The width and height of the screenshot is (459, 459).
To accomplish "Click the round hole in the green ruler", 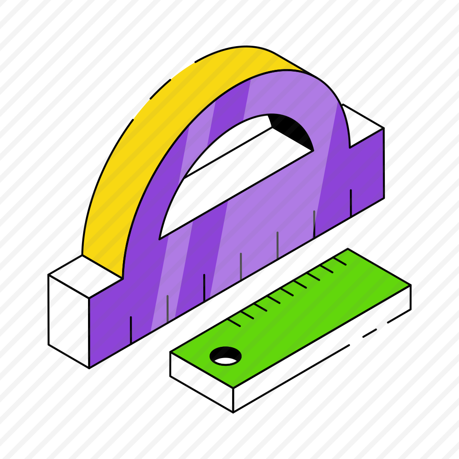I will (225, 356).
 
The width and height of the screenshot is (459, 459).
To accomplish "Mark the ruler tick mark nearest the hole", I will (234, 322).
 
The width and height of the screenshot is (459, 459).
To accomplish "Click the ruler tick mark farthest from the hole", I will (340, 261).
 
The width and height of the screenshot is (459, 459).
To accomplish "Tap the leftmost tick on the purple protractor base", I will (131, 330).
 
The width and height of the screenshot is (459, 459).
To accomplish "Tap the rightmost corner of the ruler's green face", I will (410, 285).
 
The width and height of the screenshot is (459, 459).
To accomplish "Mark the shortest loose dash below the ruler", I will (369, 333).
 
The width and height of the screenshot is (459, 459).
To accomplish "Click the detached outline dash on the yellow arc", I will (160, 89).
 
